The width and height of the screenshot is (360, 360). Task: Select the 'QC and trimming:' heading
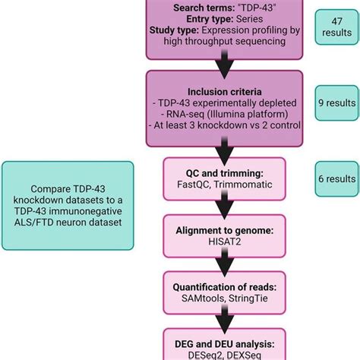click(219, 171)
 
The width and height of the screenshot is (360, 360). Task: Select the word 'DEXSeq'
click(242, 355)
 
